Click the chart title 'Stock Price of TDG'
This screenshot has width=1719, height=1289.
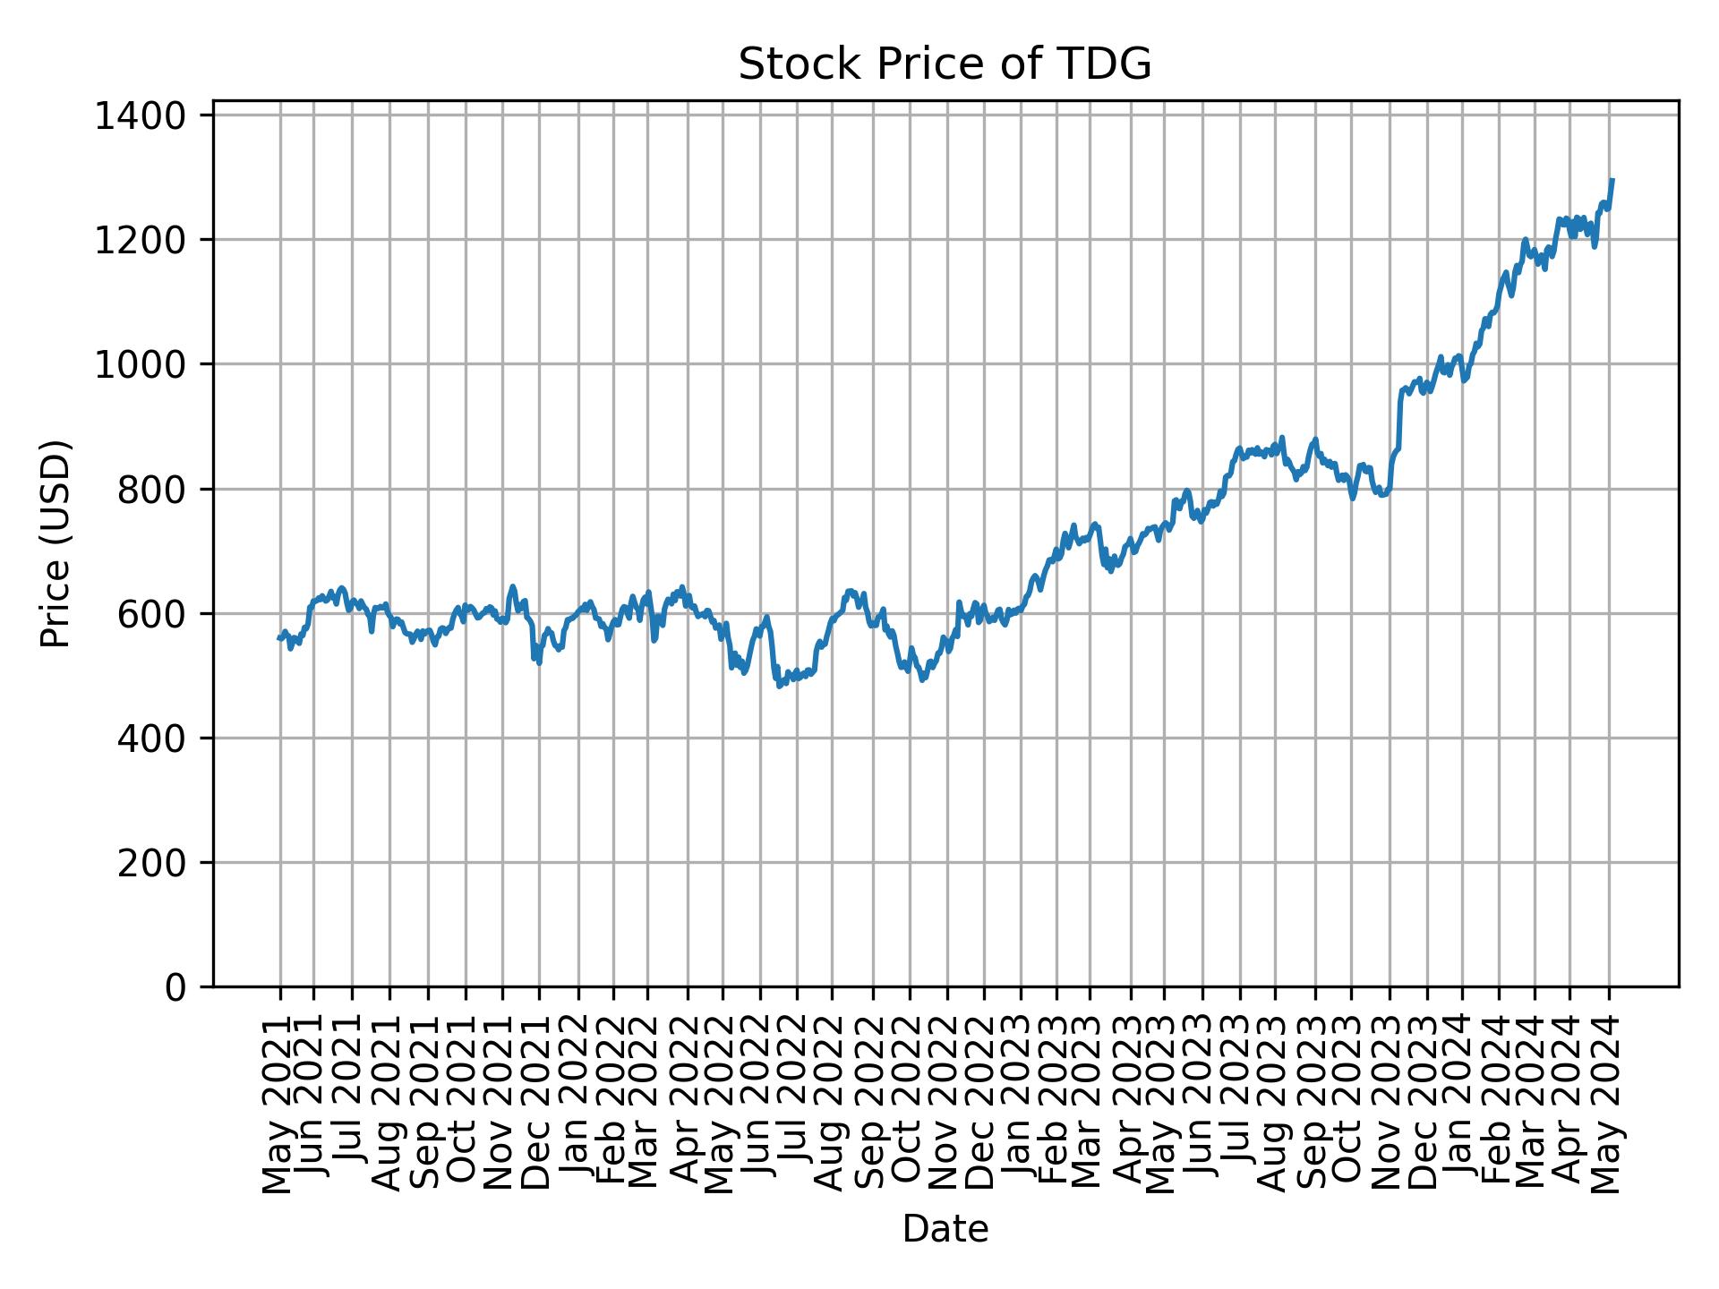click(x=945, y=65)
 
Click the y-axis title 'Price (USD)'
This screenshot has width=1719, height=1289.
click(x=56, y=543)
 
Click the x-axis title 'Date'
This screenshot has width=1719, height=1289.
click(x=945, y=1229)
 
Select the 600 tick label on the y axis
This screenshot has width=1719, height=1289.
click(x=151, y=614)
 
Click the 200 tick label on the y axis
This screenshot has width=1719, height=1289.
click(x=151, y=863)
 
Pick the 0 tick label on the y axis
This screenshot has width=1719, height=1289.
click(x=175, y=987)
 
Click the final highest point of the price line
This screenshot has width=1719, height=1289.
click(x=1612, y=180)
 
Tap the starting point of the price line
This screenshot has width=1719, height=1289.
click(x=278, y=638)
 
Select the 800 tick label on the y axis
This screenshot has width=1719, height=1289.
click(x=151, y=490)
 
